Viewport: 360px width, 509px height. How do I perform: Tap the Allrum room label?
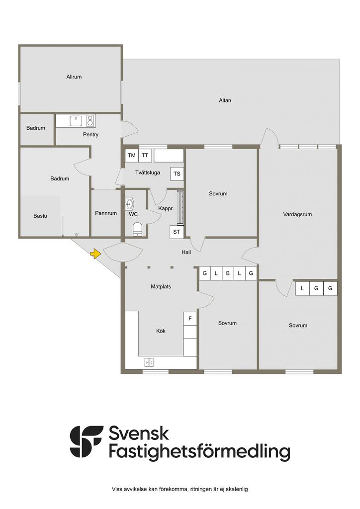(x=74, y=77)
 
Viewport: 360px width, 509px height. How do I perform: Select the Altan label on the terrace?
(x=225, y=100)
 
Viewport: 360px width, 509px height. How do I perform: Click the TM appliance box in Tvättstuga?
(x=131, y=156)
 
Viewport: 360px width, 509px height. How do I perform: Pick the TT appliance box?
(x=145, y=156)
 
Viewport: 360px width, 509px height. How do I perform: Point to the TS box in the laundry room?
(x=177, y=174)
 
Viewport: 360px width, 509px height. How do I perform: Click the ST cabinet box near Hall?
(x=177, y=232)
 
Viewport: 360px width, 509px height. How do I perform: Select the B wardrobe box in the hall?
(x=228, y=273)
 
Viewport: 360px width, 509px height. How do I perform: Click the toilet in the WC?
(x=137, y=229)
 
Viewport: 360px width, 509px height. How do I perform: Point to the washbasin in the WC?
(x=130, y=203)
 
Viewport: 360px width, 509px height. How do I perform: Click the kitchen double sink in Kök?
(x=149, y=362)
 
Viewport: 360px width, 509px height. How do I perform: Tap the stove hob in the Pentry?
(x=90, y=120)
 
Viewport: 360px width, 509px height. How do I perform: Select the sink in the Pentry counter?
(x=76, y=120)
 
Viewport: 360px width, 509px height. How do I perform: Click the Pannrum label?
(x=105, y=213)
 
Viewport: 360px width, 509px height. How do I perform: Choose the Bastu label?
(x=40, y=216)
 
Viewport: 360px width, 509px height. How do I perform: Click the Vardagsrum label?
(x=297, y=215)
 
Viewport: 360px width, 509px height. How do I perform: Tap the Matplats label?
(x=161, y=286)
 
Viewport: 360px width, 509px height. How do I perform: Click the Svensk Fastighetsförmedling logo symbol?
(x=87, y=441)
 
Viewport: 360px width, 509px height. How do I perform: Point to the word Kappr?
(x=166, y=209)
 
